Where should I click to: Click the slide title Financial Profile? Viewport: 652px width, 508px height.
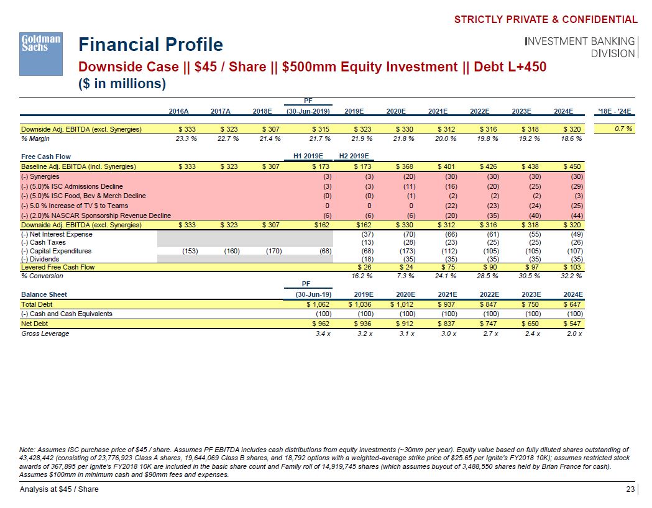[x=150, y=45]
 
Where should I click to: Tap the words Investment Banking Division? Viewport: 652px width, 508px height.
[x=581, y=47]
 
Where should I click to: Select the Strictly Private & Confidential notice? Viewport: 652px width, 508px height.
[x=546, y=19]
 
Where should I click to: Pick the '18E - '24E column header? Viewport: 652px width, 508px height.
[x=613, y=112]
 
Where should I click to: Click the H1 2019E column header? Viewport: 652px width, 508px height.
[x=308, y=156]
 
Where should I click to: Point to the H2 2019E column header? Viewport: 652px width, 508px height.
[x=354, y=156]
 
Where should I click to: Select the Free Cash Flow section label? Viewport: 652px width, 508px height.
[x=46, y=156]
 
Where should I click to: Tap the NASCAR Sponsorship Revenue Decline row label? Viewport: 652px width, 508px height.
[x=96, y=215]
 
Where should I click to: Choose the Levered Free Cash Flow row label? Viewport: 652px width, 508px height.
[x=58, y=267]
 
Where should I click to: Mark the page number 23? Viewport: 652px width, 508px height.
[x=630, y=489]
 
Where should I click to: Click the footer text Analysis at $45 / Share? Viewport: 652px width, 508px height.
[x=59, y=489]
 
